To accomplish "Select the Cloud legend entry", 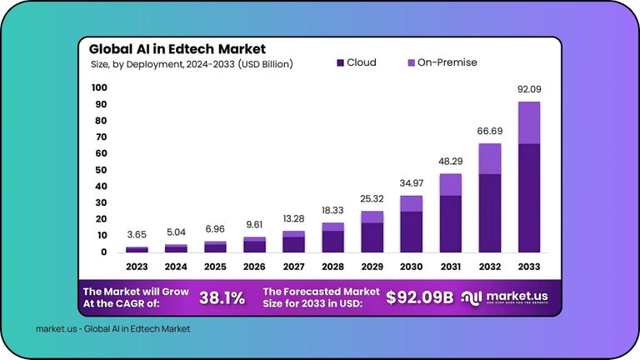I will click(x=356, y=62).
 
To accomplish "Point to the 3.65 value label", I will click(x=137, y=236).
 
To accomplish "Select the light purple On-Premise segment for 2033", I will click(x=528, y=122).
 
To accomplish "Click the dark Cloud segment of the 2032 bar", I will click(x=489, y=212).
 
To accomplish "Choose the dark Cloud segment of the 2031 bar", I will click(x=450, y=223).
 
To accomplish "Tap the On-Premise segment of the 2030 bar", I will click(x=411, y=203).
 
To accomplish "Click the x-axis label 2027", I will click(x=293, y=268).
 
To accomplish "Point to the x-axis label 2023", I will click(x=137, y=268).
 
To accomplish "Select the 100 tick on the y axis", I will click(x=99, y=87).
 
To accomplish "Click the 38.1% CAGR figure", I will click(x=221, y=297).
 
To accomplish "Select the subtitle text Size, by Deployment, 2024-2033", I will click(x=191, y=63).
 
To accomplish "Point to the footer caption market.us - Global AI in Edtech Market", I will click(x=112, y=328).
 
